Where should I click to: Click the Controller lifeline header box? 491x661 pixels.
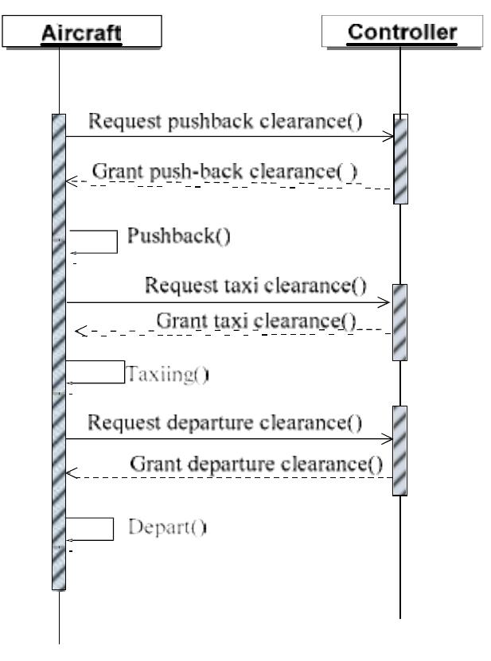pos(403,33)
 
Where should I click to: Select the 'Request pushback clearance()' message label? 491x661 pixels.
pos(225,121)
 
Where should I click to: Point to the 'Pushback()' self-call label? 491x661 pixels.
pos(179,237)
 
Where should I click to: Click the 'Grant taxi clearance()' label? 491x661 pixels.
pos(256,321)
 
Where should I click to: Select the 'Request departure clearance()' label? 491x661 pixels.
pos(225,422)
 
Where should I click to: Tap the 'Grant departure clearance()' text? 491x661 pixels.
pos(255,462)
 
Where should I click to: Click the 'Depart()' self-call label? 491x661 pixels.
pos(168,526)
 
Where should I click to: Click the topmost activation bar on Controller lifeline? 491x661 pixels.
pos(400,159)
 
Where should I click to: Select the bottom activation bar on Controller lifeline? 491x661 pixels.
pos(400,449)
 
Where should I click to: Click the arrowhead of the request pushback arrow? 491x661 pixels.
pos(389,137)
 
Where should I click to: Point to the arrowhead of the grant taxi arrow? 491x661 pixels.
pos(79,332)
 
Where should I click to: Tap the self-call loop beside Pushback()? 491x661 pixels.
pos(94,242)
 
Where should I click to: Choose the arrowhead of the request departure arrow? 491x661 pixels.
pos(389,438)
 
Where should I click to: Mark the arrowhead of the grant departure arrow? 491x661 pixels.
pos(70,476)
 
